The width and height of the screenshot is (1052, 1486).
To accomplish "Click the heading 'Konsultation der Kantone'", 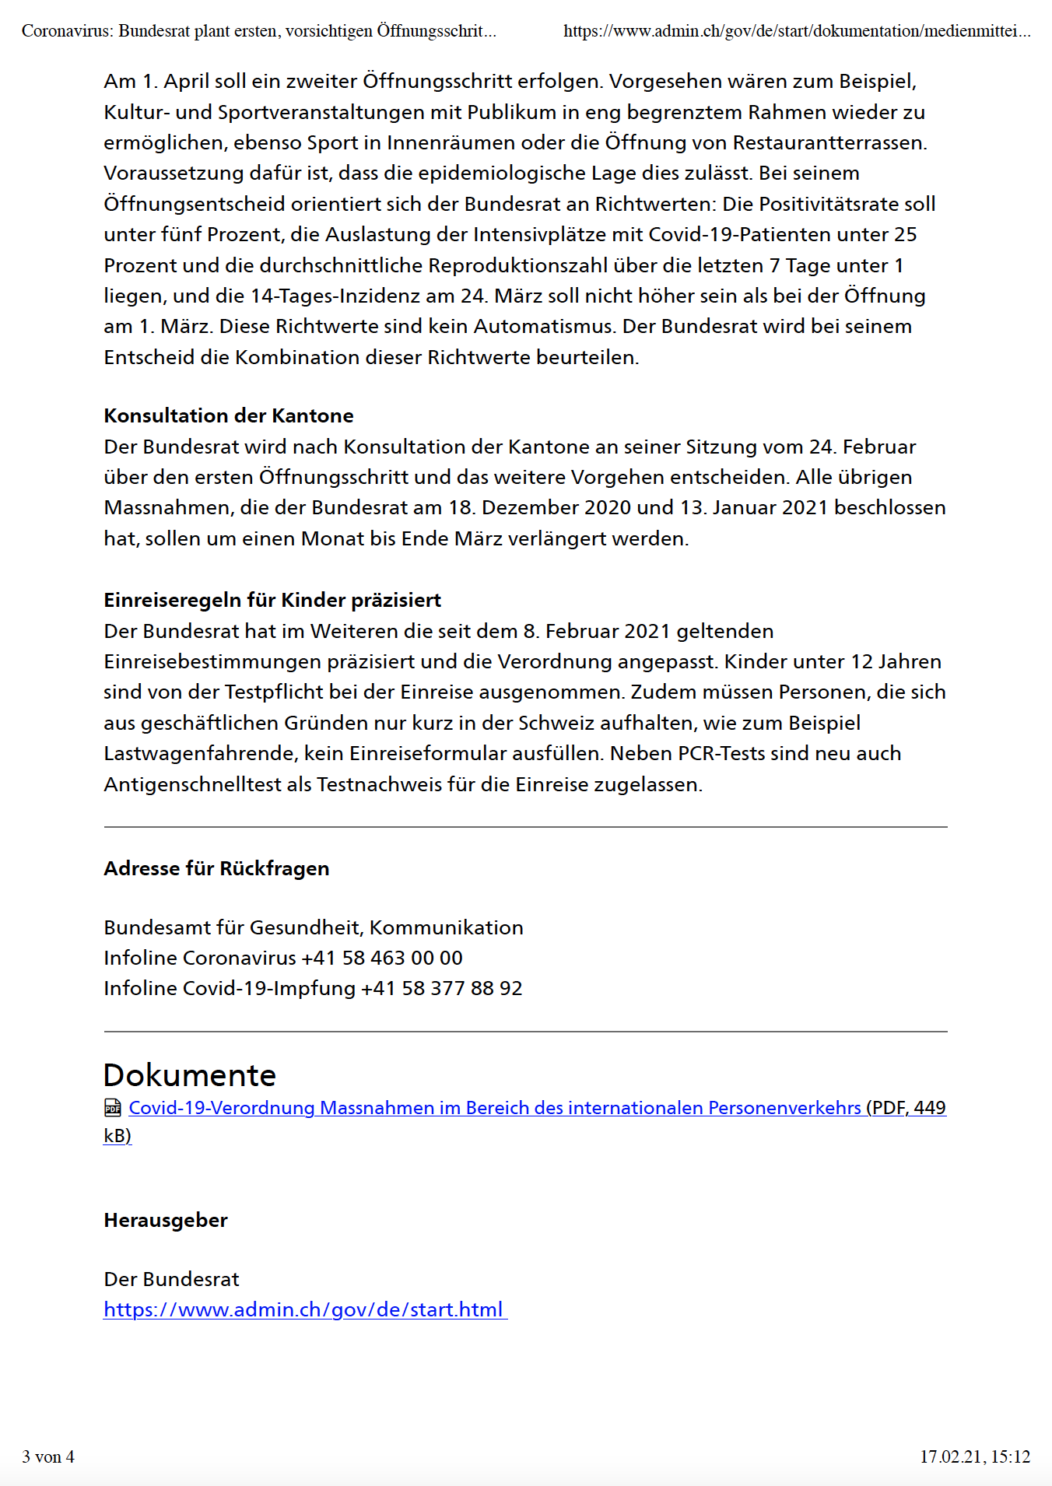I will click(x=229, y=416).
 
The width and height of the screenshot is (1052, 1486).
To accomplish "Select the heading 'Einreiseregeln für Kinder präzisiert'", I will click(x=272, y=601).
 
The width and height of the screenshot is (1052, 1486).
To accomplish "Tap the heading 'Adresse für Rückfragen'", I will click(x=216, y=869).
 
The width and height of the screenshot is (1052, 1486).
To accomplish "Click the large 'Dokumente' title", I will click(x=190, y=1075).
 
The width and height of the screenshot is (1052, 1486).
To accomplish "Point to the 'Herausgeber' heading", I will click(x=166, y=1221).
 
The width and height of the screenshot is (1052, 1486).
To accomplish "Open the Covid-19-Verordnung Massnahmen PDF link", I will click(x=495, y=1108).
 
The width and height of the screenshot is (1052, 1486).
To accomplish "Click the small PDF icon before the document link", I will click(x=113, y=1108).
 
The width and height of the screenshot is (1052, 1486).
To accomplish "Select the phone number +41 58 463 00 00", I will click(x=382, y=959).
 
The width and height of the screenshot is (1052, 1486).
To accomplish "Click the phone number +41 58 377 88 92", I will click(x=442, y=989).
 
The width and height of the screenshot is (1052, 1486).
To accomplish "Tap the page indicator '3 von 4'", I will click(x=48, y=1457).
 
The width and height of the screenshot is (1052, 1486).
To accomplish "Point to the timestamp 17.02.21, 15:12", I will click(x=975, y=1457).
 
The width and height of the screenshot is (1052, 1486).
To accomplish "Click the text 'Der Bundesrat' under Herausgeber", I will click(x=171, y=1280).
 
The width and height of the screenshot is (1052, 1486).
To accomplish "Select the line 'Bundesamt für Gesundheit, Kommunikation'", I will click(x=314, y=928).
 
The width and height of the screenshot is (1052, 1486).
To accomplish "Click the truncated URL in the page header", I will click(x=797, y=31).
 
